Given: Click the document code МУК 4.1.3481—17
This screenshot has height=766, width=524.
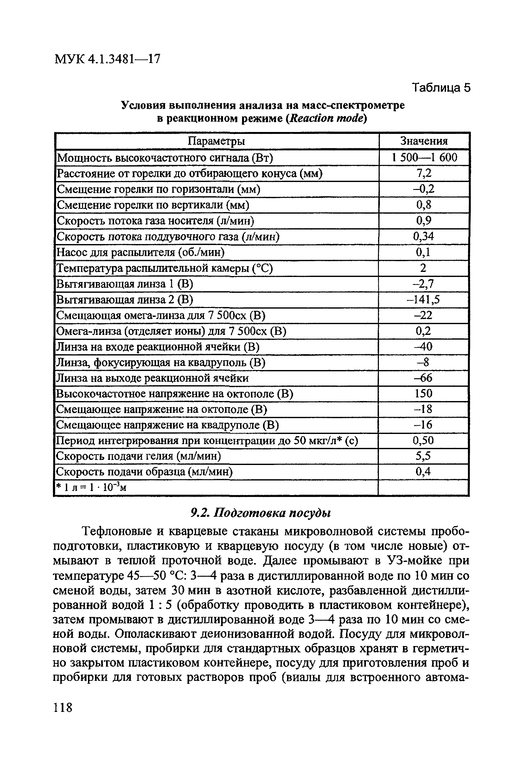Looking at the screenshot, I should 107,59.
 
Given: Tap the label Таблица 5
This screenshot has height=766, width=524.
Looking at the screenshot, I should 441,88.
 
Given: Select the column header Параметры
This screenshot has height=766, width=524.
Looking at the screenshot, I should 216,141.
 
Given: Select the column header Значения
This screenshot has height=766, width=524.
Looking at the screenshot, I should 424,141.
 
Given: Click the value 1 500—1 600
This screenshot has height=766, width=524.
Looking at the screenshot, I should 424,158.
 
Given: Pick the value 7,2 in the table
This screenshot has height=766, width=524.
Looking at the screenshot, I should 424,173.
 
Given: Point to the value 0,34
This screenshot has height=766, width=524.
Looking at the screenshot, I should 424,236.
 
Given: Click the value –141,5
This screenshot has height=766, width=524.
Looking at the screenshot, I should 424,299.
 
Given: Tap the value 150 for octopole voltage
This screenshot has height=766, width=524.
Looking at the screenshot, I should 424,393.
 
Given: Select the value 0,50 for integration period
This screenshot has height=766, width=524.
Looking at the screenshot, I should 424,441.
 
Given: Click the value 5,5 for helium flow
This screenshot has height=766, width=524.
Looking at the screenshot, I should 424,456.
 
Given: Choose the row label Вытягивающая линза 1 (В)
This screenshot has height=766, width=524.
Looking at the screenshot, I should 125,284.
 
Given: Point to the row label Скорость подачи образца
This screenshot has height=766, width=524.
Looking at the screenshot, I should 144,472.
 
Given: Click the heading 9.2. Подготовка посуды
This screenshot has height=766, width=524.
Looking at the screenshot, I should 261,513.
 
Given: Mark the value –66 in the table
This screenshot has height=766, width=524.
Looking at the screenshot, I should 424,378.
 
